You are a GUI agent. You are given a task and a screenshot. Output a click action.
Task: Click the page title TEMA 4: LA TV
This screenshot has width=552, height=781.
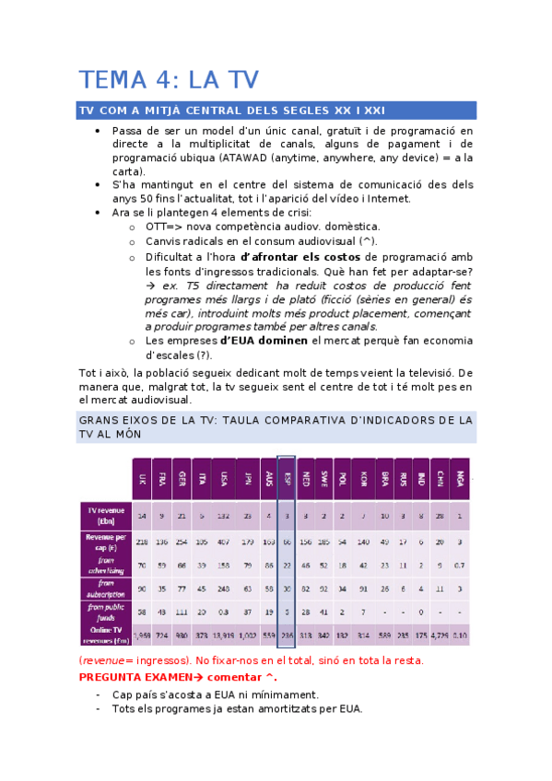coord(167,79)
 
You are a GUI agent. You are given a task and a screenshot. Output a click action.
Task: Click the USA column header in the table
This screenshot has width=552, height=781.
coord(223,479)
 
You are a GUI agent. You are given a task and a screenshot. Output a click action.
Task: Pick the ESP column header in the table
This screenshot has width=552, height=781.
coord(286,479)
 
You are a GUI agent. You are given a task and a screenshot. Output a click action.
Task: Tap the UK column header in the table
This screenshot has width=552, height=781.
coord(142,479)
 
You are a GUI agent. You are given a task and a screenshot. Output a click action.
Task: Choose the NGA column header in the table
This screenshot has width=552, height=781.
coord(459,479)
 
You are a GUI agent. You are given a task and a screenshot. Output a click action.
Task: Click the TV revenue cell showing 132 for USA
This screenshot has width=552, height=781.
coord(223,516)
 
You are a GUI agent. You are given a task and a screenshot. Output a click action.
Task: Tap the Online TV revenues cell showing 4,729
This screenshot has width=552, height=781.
coord(439,635)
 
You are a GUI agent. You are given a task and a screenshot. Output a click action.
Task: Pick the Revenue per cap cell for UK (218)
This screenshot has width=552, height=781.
coord(142,540)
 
